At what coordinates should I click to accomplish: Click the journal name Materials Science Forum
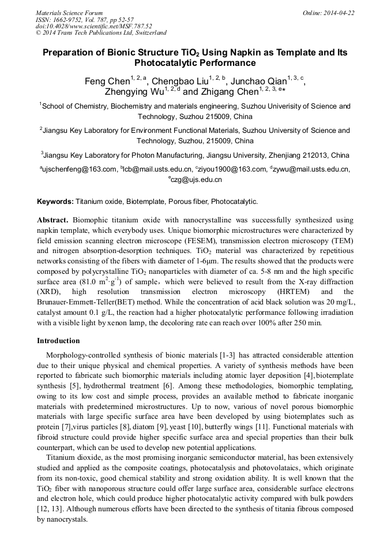pyautogui.click(x=69, y=13)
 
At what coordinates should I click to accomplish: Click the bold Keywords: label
pyautogui.click(x=55, y=202)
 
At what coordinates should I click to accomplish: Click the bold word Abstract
pyautogui.click(x=53, y=221)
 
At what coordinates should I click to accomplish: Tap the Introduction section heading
pyautogui.click(x=58, y=341)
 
